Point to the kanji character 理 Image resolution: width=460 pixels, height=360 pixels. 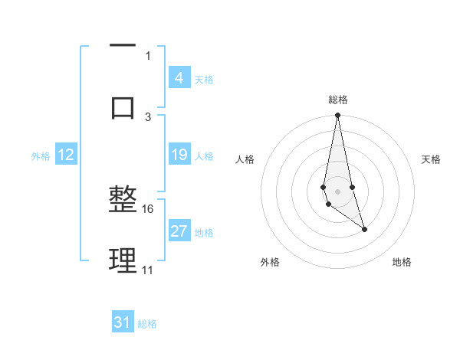pos(123,261)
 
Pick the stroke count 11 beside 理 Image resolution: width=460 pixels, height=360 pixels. pos(148,270)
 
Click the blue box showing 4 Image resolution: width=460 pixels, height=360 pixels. pos(179,78)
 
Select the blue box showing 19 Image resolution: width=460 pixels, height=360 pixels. pos(179,155)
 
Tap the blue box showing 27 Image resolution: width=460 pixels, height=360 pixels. pos(179,231)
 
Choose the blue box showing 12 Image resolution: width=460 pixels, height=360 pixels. pos(66,155)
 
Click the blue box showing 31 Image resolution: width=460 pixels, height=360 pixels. pos(123,322)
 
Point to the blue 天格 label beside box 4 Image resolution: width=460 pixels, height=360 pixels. pos(204,80)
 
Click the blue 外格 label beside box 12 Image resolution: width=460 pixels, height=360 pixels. pos(41,156)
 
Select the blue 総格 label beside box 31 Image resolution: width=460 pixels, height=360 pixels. pos(147,324)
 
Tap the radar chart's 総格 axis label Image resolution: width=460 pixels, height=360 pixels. pos(338,100)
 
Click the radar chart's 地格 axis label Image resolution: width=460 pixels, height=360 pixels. pos(402,262)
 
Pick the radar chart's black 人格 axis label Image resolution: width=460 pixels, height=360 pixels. pos(245,159)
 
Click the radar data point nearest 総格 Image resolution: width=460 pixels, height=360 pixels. pos(337,116)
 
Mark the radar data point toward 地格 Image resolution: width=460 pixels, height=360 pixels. pos(364,229)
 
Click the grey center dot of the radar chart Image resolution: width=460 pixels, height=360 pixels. pos(337,191)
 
